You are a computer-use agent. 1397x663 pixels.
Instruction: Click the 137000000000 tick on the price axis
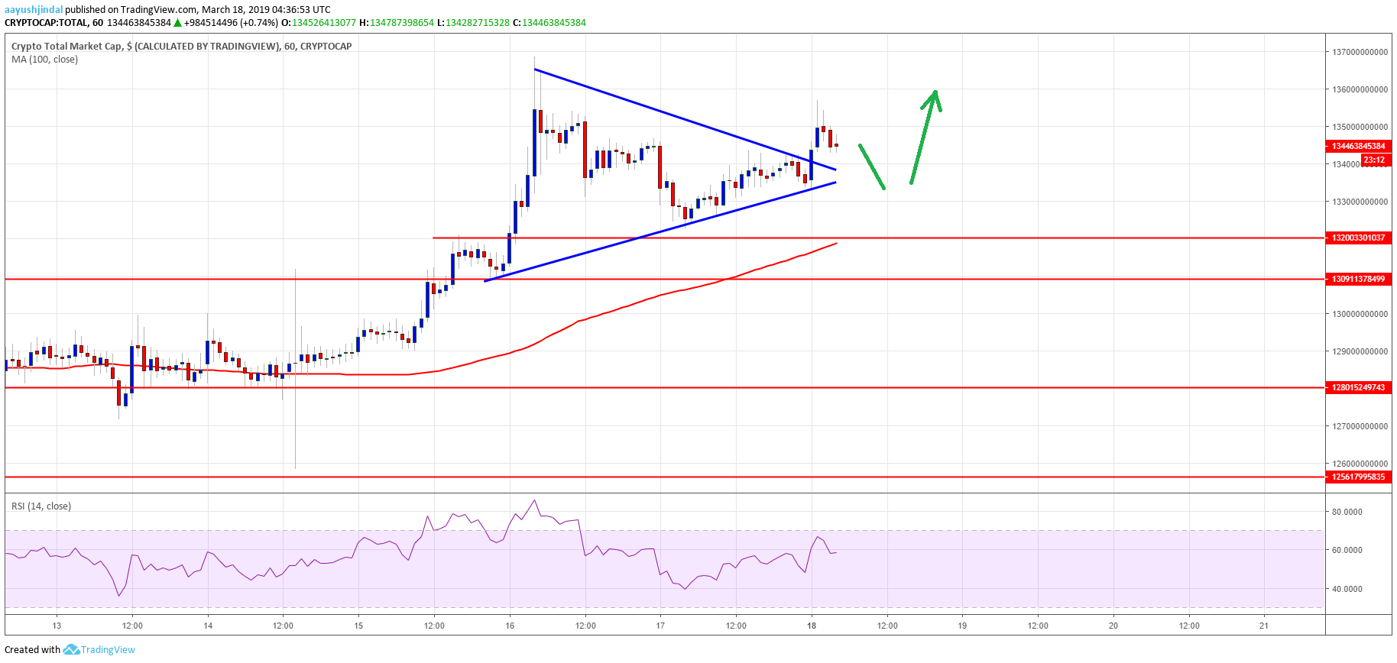click(1360, 52)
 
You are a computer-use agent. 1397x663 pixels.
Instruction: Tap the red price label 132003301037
click(1358, 238)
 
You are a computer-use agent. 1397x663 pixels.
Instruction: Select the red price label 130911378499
click(1358, 279)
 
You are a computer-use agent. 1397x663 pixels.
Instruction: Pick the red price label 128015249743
click(1358, 387)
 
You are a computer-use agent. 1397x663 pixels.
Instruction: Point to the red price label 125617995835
click(1358, 477)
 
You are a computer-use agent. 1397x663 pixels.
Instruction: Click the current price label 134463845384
click(1358, 146)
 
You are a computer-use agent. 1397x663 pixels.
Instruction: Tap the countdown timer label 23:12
click(1373, 160)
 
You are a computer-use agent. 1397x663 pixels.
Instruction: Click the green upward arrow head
click(934, 98)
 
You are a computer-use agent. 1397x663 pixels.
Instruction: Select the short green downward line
click(872, 167)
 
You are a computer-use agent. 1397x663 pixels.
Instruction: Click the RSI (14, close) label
click(41, 506)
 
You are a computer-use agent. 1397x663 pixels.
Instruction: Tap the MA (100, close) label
click(44, 60)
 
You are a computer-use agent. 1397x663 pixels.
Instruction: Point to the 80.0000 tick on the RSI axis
click(1347, 512)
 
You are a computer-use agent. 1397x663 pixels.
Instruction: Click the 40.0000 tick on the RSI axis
click(1347, 589)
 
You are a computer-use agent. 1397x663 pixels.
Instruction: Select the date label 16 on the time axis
click(510, 626)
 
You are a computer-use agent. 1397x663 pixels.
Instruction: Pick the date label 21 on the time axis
click(1264, 626)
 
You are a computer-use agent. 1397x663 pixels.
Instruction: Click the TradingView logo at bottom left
click(99, 649)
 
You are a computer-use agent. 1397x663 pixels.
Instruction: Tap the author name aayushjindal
click(34, 10)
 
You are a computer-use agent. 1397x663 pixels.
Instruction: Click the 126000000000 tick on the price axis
click(1360, 464)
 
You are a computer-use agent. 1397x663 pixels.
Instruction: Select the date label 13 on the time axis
click(57, 626)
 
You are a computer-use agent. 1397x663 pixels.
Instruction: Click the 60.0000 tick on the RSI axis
click(1347, 550)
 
